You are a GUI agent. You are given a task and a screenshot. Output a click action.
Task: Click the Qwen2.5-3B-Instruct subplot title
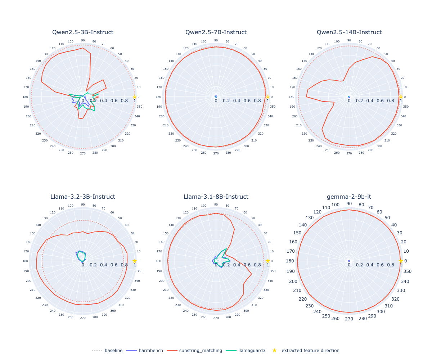point(83,32)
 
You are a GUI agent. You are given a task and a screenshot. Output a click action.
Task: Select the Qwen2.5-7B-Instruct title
point(216,32)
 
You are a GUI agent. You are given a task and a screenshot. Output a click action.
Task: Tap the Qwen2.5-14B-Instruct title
point(349,32)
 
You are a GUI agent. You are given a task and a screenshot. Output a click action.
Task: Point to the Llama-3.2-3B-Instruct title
point(83,197)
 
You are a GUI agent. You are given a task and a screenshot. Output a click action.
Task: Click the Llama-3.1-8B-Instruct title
point(216,197)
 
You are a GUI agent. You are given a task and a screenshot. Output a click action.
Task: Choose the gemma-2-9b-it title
point(349,197)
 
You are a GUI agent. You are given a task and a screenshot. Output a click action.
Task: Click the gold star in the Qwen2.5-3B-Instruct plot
point(135,96)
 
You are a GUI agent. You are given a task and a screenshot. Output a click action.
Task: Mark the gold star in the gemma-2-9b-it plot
point(401,261)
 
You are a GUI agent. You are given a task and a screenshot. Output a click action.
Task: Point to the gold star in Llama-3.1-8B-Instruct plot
point(267,261)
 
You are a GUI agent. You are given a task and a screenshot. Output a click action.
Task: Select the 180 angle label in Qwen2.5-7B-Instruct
point(159,97)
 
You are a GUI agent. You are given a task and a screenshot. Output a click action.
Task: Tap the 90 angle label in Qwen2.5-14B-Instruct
point(349,41)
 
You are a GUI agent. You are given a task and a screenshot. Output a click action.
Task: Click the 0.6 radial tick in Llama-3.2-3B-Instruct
point(114,265)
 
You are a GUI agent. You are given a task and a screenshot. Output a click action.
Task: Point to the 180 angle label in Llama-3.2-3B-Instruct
point(26,261)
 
